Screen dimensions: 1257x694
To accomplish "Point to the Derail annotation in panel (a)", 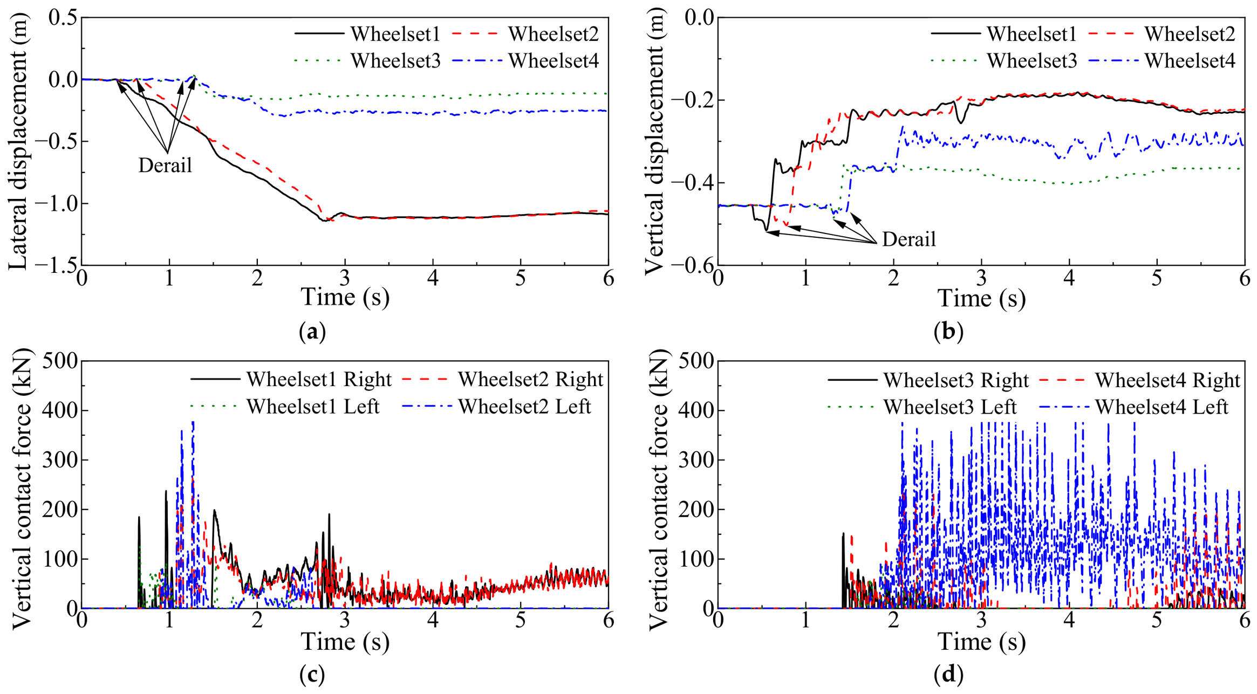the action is (165, 165).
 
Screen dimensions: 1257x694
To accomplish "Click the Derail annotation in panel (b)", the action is (909, 239).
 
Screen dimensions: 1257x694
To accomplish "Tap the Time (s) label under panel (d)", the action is (981, 642).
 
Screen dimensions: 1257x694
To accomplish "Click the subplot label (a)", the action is (312, 331).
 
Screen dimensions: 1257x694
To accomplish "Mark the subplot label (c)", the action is (312, 675).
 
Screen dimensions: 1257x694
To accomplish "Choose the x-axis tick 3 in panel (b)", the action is (981, 278).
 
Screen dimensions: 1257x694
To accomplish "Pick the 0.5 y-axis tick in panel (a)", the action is (63, 17).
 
